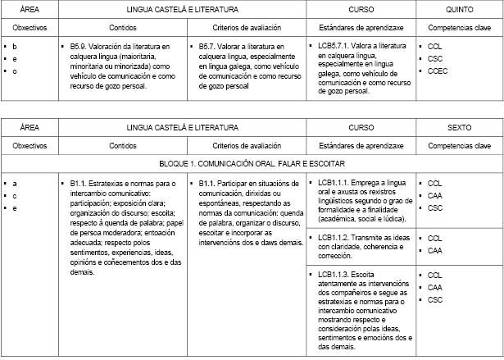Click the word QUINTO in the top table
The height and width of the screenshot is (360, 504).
tap(459, 8)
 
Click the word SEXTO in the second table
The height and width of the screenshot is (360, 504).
tap(459, 128)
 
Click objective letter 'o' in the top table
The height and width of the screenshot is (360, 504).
tap(15, 71)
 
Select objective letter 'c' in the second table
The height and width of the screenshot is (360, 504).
tap(15, 195)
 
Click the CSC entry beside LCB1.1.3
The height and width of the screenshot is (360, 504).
tap(435, 299)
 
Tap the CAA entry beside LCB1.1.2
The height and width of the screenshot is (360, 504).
tap(435, 250)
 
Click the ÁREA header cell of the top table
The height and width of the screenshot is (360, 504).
tap(30, 8)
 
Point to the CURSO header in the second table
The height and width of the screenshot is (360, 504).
tap(361, 128)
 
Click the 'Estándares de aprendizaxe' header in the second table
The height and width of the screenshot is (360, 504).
tap(361, 145)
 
